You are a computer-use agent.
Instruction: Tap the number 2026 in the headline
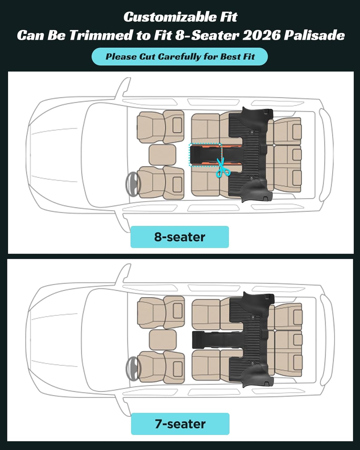click(261, 35)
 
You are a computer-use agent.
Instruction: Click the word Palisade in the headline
click(314, 35)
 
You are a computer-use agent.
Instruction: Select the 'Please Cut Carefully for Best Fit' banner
click(179, 57)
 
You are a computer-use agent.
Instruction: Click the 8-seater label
click(179, 237)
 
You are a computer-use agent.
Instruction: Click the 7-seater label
click(180, 424)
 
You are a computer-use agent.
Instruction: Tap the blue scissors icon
click(223, 168)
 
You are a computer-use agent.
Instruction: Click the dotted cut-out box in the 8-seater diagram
click(205, 155)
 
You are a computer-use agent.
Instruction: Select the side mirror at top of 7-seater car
click(124, 273)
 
